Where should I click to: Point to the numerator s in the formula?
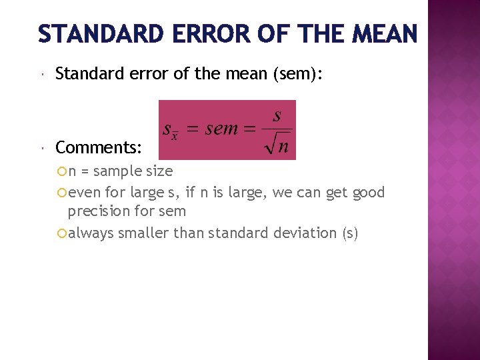(x=277, y=115)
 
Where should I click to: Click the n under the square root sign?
(x=283, y=146)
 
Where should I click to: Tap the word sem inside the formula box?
(x=222, y=129)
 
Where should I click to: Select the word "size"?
(x=159, y=171)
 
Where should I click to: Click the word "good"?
(x=368, y=193)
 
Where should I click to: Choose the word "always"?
(x=90, y=233)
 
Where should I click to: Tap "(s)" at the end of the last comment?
(x=349, y=233)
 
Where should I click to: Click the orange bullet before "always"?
(x=63, y=233)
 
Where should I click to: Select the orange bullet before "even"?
(x=63, y=193)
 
